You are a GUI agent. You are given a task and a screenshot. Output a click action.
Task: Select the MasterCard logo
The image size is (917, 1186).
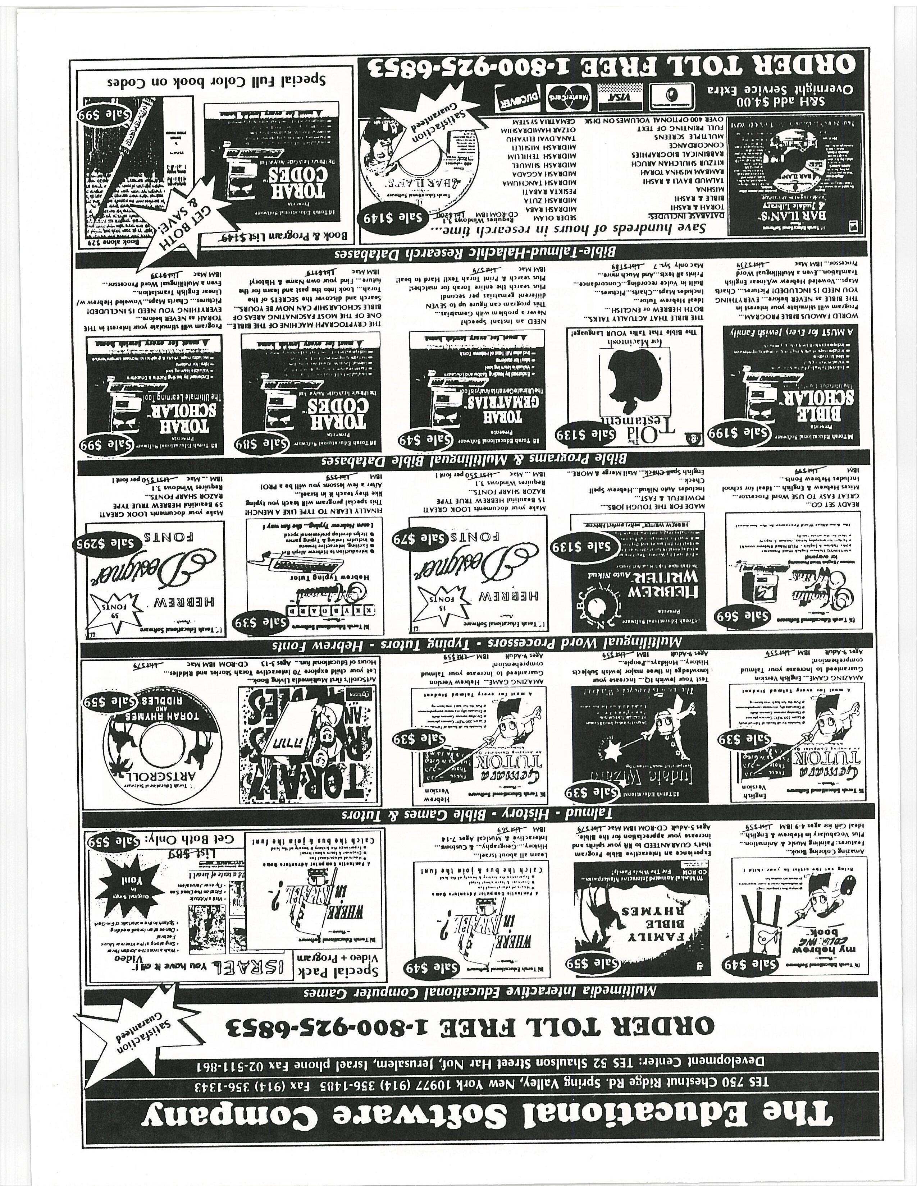coord(568,96)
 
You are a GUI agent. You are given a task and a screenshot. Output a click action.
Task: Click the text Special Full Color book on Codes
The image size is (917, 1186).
coord(216,82)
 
